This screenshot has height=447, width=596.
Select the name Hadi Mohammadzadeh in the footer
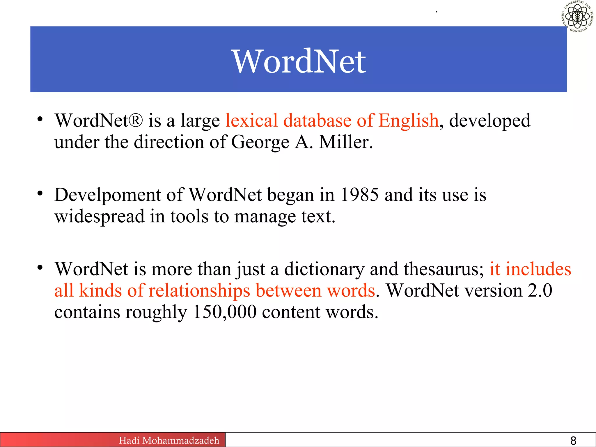[x=169, y=440]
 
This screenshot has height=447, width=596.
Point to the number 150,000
[x=224, y=312]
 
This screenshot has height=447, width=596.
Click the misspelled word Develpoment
[x=107, y=195]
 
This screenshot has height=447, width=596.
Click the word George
[x=260, y=143]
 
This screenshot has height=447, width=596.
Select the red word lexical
[x=251, y=120]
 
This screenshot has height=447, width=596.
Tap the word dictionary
[x=324, y=269]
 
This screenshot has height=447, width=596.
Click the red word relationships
[x=199, y=291]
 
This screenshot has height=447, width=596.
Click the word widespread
[x=100, y=217]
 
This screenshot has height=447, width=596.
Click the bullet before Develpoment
[x=40, y=193]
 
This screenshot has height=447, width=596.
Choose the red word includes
[x=538, y=269]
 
